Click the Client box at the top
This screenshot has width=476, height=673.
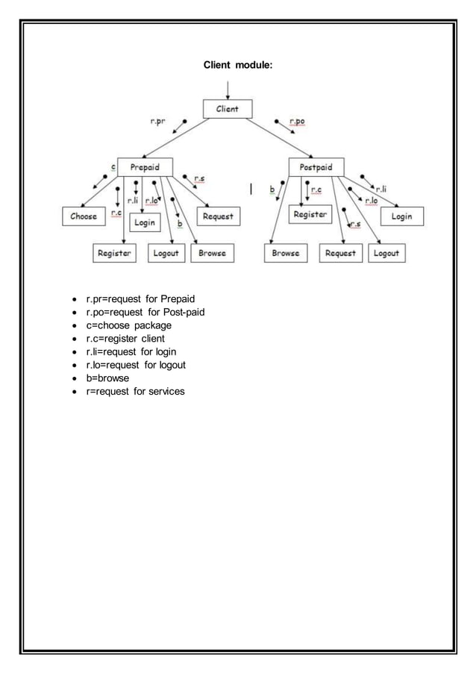pyautogui.click(x=228, y=109)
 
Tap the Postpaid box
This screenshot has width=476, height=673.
pyautogui.click(x=316, y=166)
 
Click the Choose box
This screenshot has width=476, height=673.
pyautogui.click(x=83, y=216)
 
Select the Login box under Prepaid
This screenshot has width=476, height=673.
pyautogui.click(x=145, y=222)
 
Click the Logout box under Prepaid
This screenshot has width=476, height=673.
pyautogui.click(x=165, y=254)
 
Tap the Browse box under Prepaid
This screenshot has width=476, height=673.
pyautogui.click(x=212, y=254)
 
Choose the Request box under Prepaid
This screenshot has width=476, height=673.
pyautogui.click(x=218, y=216)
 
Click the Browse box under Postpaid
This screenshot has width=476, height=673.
pyautogui.click(x=286, y=254)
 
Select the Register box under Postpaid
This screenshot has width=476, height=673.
pyautogui.click(x=310, y=214)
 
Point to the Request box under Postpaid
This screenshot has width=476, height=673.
pyautogui.click(x=341, y=254)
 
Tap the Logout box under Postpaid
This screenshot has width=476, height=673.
pyautogui.click(x=386, y=254)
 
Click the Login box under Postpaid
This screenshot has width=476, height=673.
pyautogui.click(x=402, y=216)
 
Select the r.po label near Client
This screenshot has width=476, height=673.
pyautogui.click(x=296, y=121)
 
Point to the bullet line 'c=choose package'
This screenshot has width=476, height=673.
pyautogui.click(x=128, y=325)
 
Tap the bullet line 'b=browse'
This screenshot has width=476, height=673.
pyautogui.click(x=107, y=378)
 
